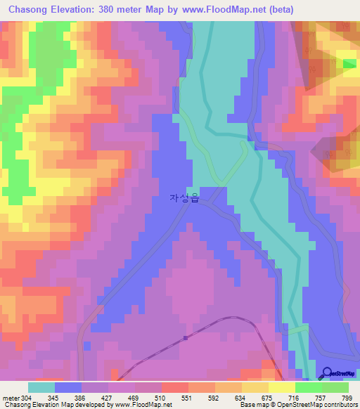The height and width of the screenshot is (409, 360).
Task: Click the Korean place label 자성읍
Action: point(185,198)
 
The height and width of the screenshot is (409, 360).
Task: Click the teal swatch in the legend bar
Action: point(41,387)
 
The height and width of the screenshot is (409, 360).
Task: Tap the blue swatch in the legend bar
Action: point(68,387)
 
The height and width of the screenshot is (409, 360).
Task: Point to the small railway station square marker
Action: point(185,337)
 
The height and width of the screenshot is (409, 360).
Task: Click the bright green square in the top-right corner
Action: point(349,63)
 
